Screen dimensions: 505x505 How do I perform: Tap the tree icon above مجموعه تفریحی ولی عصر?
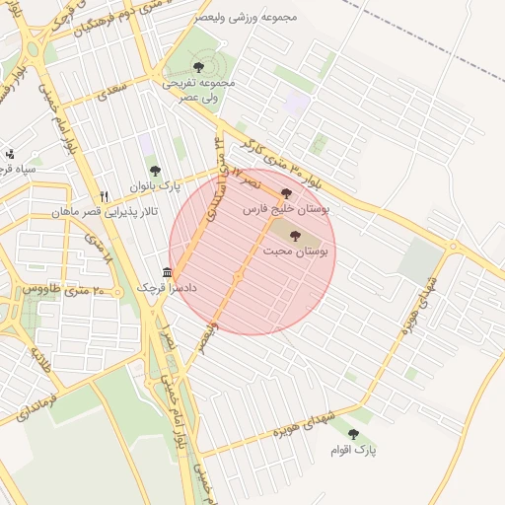point(198,67)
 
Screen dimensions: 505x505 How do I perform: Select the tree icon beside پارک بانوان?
point(154,171)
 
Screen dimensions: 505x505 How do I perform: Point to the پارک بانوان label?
point(155,186)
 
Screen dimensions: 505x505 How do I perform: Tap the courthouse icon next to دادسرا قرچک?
point(168,272)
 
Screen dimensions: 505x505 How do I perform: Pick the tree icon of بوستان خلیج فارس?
point(286,193)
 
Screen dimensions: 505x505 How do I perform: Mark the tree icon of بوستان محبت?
point(295,236)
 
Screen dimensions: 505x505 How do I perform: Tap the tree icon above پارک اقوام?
point(353,434)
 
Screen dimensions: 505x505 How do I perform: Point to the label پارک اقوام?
point(354,450)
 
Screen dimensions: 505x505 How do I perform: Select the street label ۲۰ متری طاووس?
point(63,290)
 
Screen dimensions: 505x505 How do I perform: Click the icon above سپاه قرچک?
point(9,153)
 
